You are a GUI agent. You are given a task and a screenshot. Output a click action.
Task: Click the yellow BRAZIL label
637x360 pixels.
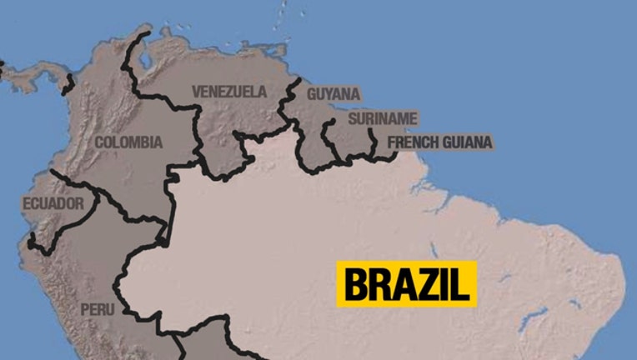(406, 283)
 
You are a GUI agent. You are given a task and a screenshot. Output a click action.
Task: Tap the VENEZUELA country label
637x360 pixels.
(229, 92)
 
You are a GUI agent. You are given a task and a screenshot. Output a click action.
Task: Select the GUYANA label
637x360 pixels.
(334, 94)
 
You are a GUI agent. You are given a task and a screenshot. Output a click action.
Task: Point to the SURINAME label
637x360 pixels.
(382, 119)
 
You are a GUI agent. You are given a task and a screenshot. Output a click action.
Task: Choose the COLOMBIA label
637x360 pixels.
(128, 142)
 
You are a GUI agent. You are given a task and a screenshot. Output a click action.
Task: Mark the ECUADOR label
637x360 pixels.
(53, 204)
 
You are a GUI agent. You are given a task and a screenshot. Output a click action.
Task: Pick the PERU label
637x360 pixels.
(93, 309)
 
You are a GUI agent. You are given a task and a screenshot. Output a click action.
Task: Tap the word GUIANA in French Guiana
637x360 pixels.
(467, 142)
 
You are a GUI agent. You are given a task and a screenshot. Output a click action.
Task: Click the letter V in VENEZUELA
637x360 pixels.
(197, 92)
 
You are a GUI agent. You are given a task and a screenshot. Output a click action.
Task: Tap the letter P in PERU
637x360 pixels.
(84, 309)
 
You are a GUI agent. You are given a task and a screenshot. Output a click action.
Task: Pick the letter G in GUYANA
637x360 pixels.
(312, 94)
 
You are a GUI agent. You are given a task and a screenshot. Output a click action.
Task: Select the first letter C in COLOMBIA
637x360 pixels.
(99, 142)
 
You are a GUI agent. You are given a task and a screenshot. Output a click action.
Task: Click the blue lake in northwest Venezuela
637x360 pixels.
(140, 60)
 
